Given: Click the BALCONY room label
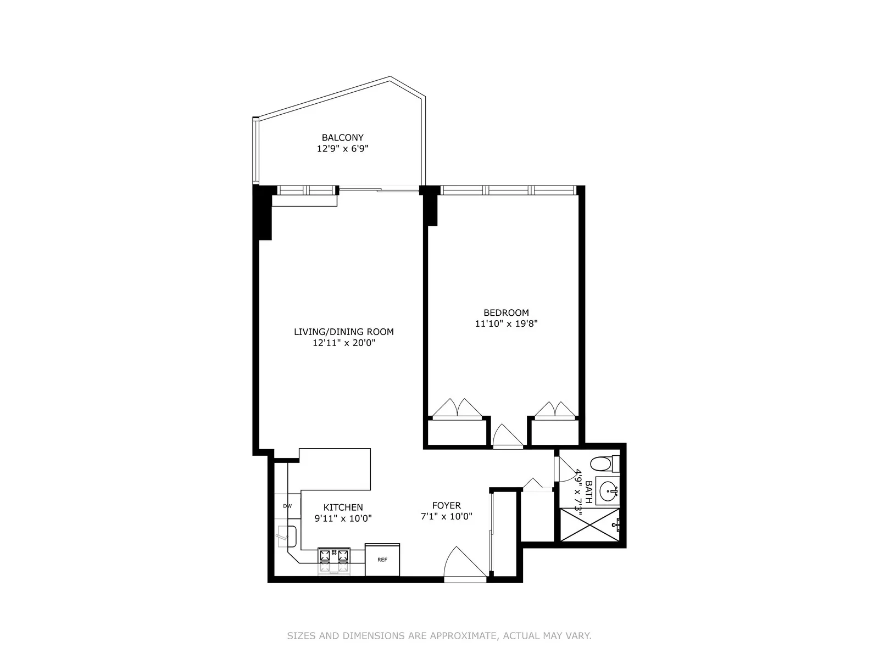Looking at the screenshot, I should tap(342, 138).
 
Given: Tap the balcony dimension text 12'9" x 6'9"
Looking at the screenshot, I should tap(342, 148).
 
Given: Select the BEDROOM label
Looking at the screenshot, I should tap(506, 313).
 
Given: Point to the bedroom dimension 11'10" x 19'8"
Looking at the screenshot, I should tap(506, 324).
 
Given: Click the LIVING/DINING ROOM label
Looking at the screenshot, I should tap(344, 332).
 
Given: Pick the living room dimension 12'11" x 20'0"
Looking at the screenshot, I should tap(344, 343).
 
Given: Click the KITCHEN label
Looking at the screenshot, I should tap(343, 507).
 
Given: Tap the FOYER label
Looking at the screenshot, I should tap(446, 505).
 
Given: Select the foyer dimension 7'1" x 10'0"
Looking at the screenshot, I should tap(446, 516).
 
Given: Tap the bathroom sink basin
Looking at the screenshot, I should tap(607, 490).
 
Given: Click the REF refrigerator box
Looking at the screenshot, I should tap(382, 560).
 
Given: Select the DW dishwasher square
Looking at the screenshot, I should tap(287, 506).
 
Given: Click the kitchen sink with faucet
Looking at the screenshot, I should tap(286, 535).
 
